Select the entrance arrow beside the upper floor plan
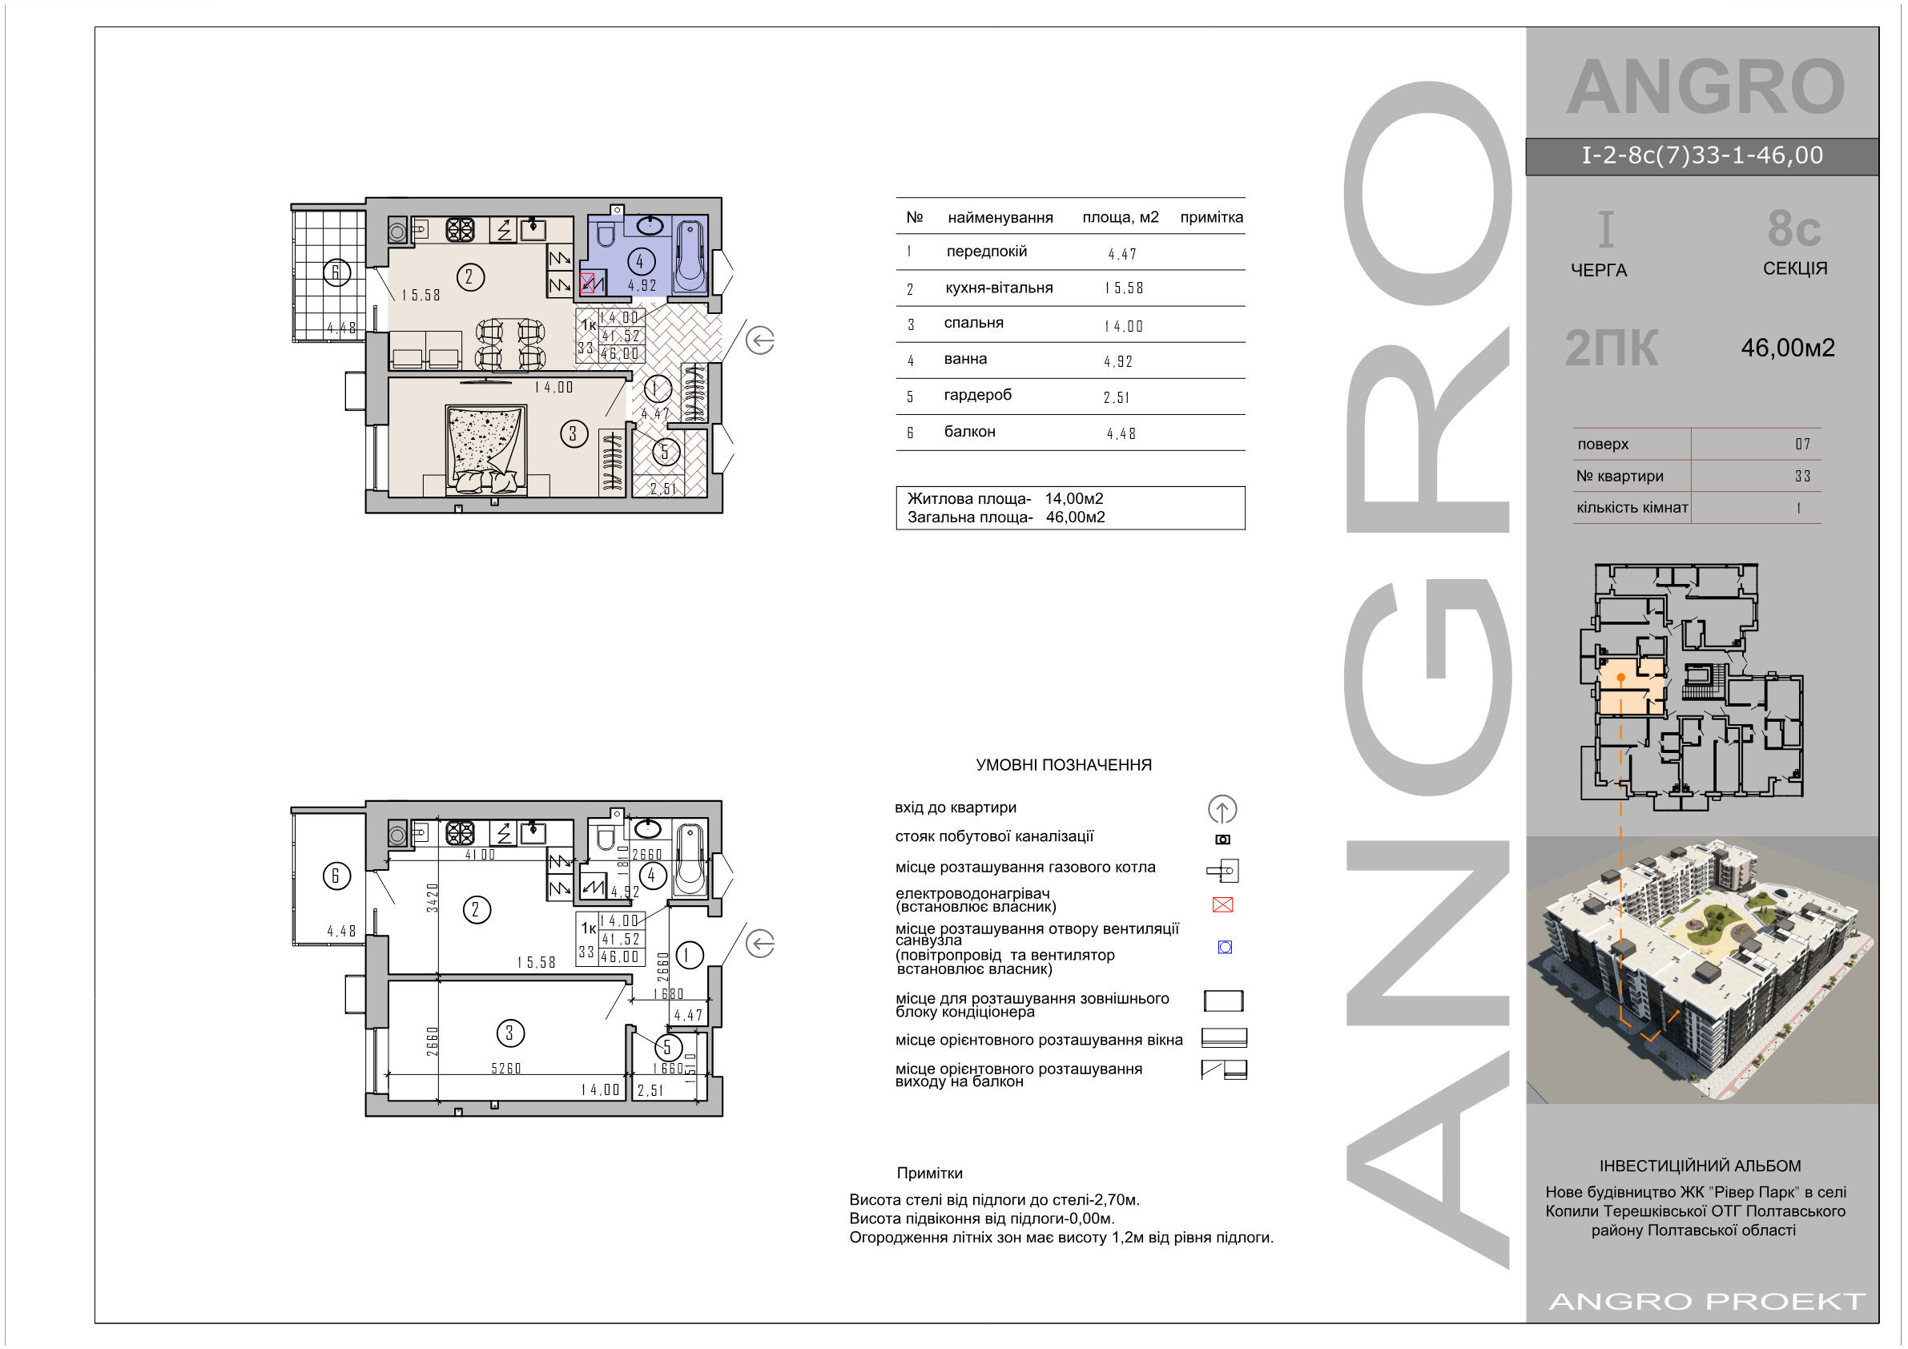click(x=759, y=340)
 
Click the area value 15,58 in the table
click(x=1124, y=288)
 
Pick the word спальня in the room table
click(x=973, y=323)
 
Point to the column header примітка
click(x=1211, y=217)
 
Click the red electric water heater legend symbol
click(x=1222, y=904)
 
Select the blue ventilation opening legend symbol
click(x=1224, y=947)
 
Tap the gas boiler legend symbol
click(x=1223, y=871)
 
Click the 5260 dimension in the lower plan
click(x=505, y=1068)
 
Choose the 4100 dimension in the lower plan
click(x=481, y=855)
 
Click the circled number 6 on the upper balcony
click(x=336, y=272)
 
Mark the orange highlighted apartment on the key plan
click(x=1629, y=687)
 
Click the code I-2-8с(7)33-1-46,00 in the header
click(x=1702, y=155)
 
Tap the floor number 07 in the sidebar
click(x=1802, y=444)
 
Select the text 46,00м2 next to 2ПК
click(x=1788, y=348)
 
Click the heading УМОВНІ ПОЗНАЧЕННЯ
click(x=1064, y=765)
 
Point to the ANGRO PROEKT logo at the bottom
click(x=1708, y=1301)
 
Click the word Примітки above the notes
click(x=929, y=1173)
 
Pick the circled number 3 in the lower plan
click(x=509, y=1033)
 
